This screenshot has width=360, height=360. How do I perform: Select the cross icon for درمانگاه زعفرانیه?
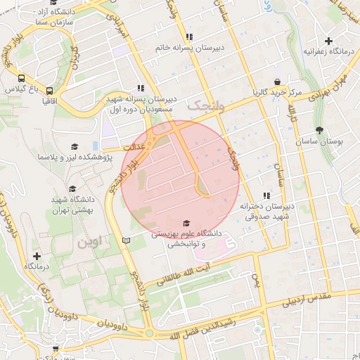328,40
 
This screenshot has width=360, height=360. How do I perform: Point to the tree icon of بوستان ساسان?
321,130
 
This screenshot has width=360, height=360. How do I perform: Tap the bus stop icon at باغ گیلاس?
22,79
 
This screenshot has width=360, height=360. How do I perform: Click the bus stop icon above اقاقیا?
50,91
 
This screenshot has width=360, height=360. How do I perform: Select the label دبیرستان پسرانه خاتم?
188,49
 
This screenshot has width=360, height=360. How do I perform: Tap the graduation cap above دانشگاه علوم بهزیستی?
186,223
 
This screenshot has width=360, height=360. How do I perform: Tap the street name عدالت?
133,148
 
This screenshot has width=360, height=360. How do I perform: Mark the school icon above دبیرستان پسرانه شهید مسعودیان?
141,89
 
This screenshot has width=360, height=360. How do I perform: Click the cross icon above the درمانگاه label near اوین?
37,256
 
